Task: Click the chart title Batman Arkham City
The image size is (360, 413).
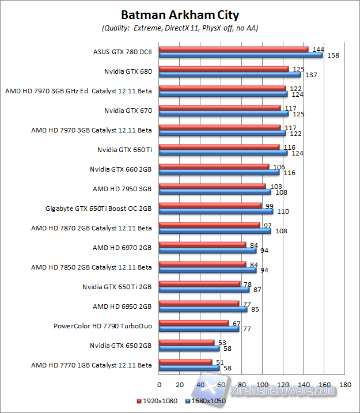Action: pos(180,14)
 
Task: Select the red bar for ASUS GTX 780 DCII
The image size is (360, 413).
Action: pos(233,50)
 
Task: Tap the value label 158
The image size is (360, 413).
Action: pos(332,55)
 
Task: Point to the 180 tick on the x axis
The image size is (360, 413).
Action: pos(346,384)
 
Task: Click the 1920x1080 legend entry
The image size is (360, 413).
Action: pos(158,400)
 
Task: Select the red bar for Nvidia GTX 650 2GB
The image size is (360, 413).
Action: pos(186,343)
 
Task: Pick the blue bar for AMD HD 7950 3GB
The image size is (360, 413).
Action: pos(214,192)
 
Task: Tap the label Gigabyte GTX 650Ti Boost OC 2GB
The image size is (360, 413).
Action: pos(98,209)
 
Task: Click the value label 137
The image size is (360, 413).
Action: pos(311,75)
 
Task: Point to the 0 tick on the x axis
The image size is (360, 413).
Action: pos(159,384)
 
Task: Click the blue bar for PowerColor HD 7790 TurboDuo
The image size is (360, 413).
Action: pos(199,329)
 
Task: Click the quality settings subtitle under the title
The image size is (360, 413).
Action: pos(180,28)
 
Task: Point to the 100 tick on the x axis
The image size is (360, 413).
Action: pos(263,384)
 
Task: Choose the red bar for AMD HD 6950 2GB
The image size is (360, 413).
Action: pos(199,304)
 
